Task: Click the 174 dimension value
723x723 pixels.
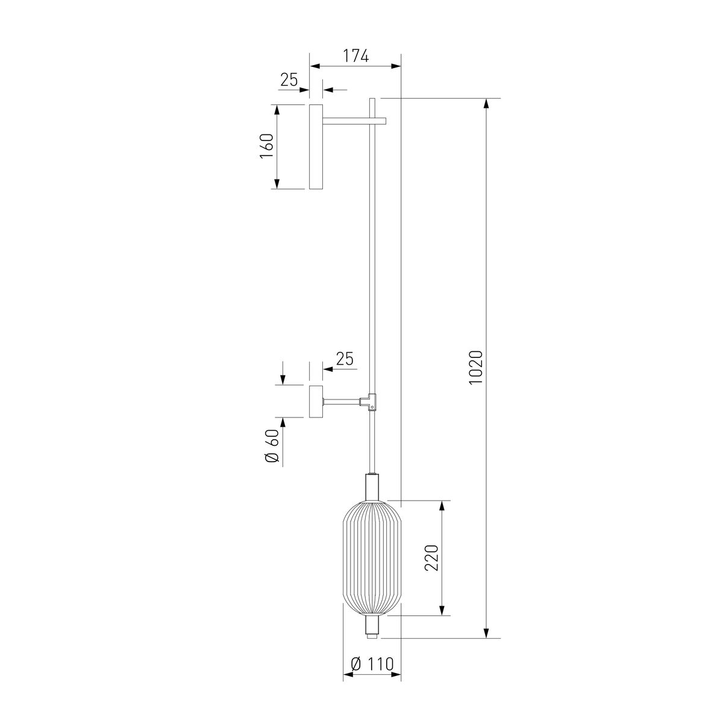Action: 356,55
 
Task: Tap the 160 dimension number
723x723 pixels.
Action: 267,146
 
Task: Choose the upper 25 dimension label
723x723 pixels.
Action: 289,80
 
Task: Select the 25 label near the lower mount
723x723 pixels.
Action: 345,358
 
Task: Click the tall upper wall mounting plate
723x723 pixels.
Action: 316,146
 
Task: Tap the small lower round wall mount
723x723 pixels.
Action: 316,401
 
